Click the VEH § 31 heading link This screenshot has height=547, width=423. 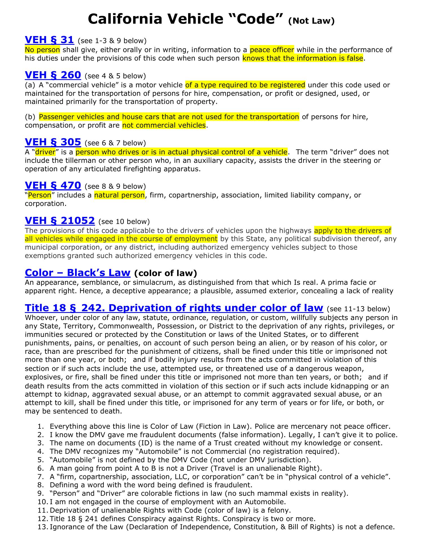[x=49, y=40]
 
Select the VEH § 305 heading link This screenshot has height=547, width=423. [x=53, y=142]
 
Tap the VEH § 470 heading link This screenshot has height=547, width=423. [x=53, y=185]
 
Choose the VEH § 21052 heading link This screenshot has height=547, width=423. [x=60, y=221]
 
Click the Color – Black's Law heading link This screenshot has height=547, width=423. [x=78, y=273]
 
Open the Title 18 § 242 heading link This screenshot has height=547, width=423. [x=174, y=308]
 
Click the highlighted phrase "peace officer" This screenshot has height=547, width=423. [x=272, y=50]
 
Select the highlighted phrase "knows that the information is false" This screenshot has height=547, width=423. [x=303, y=58]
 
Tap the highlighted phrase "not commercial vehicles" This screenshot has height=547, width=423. [x=164, y=125]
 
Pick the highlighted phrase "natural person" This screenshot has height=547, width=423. [x=119, y=195]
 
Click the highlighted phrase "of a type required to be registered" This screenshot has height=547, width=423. [x=245, y=85]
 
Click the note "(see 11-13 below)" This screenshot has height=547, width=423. [x=358, y=309]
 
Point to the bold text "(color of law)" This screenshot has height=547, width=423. [x=166, y=273]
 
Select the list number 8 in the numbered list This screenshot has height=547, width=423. [x=41, y=485]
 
